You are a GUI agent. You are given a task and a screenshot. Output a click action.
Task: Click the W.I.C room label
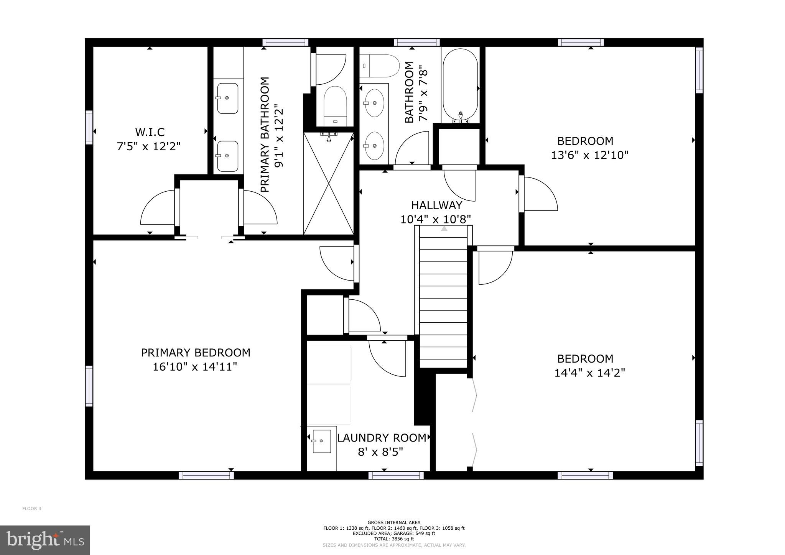(x=150, y=132)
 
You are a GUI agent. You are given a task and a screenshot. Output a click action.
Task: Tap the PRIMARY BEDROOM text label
(x=196, y=353)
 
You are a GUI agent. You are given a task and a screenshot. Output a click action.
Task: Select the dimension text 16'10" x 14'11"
(x=195, y=367)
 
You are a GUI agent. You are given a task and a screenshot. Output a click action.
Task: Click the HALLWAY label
(x=436, y=205)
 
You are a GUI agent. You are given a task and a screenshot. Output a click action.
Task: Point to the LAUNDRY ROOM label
(x=382, y=438)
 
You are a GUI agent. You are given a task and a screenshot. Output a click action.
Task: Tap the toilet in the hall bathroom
(x=379, y=66)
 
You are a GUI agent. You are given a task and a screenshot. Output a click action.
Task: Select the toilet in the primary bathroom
(x=335, y=106)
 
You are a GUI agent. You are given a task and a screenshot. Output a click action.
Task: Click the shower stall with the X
(x=328, y=183)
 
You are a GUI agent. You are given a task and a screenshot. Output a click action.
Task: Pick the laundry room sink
(x=321, y=441)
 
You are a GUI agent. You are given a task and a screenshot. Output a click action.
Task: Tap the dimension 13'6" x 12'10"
(x=590, y=155)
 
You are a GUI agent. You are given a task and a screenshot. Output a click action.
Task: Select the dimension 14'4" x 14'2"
(x=590, y=373)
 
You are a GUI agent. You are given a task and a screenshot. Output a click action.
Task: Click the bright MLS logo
(x=45, y=540)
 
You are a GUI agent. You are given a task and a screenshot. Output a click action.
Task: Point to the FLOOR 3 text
(x=31, y=509)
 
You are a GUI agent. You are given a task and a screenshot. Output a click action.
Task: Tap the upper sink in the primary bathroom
(x=227, y=98)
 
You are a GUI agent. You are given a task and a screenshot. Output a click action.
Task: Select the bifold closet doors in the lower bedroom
(x=474, y=422)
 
